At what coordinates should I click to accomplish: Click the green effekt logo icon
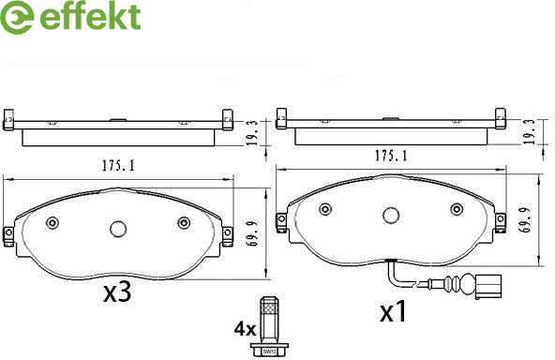[x=17, y=18]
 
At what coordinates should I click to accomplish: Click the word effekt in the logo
[x=90, y=16]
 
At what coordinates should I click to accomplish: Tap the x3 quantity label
[x=117, y=292]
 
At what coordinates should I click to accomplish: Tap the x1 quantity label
[x=393, y=311]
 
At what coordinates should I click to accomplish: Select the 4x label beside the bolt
[x=245, y=330]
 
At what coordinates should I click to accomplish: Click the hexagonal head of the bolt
[x=270, y=352]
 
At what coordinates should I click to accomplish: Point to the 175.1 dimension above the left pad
[x=118, y=166]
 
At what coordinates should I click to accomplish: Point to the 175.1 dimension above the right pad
[x=391, y=156]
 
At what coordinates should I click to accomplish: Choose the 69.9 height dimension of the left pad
[x=252, y=233]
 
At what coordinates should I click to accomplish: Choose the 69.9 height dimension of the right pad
[x=525, y=219]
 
